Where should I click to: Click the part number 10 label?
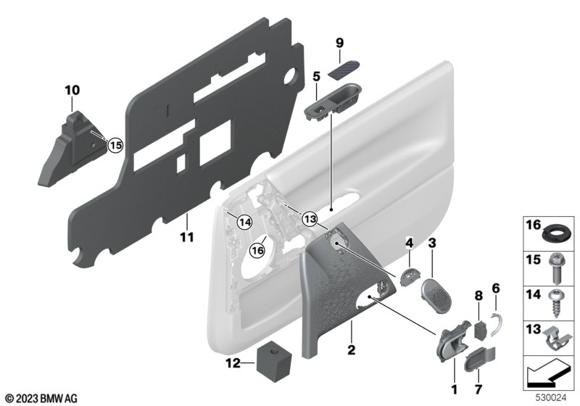click(x=72, y=91)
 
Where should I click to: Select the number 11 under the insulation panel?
click(x=186, y=237)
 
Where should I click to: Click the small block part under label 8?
click(x=478, y=328)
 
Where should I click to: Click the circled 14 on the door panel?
click(x=242, y=223)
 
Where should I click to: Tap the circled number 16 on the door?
click(x=258, y=250)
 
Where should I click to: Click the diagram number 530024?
click(x=549, y=398)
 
